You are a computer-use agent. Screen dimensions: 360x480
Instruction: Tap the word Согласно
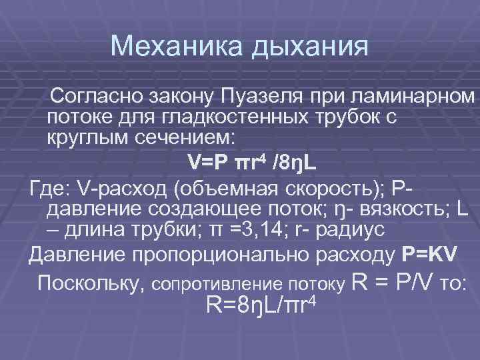tap(99, 97)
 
